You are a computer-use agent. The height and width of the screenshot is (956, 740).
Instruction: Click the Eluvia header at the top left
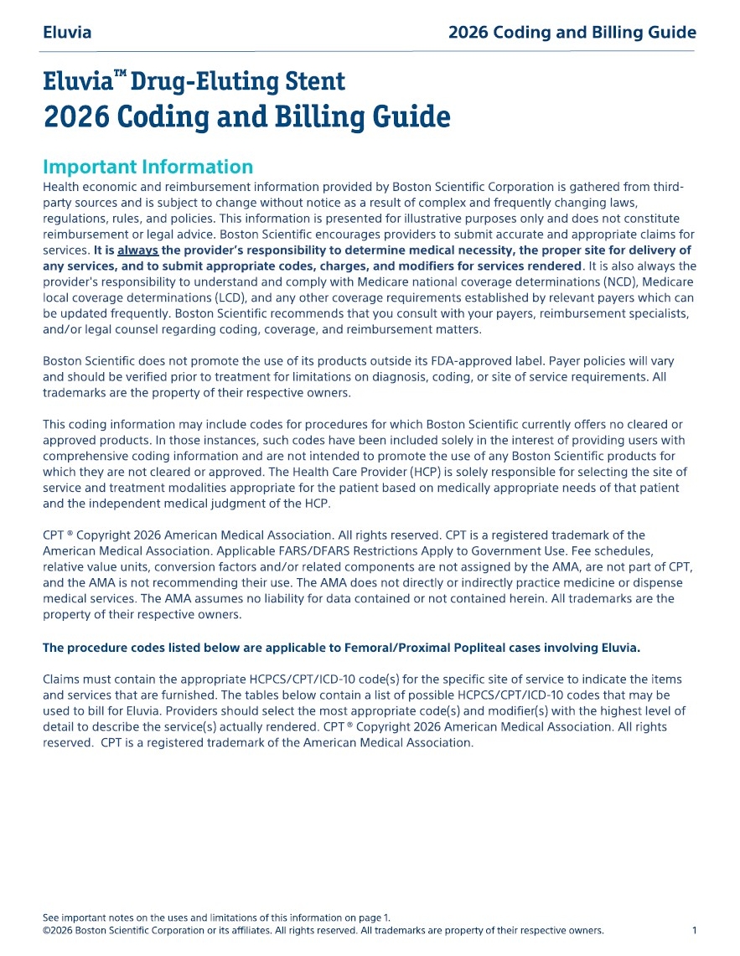pyautogui.click(x=67, y=34)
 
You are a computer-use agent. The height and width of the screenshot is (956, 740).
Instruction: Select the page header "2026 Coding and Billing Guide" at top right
pyautogui.click(x=572, y=34)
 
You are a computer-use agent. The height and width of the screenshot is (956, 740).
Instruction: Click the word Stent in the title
pyautogui.click(x=314, y=81)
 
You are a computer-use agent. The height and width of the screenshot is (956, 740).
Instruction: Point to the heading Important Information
pyautogui.click(x=147, y=166)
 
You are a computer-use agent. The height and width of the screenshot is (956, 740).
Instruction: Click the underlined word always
pyautogui.click(x=137, y=251)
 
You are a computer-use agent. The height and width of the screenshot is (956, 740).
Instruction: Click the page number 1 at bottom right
pyautogui.click(x=695, y=931)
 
